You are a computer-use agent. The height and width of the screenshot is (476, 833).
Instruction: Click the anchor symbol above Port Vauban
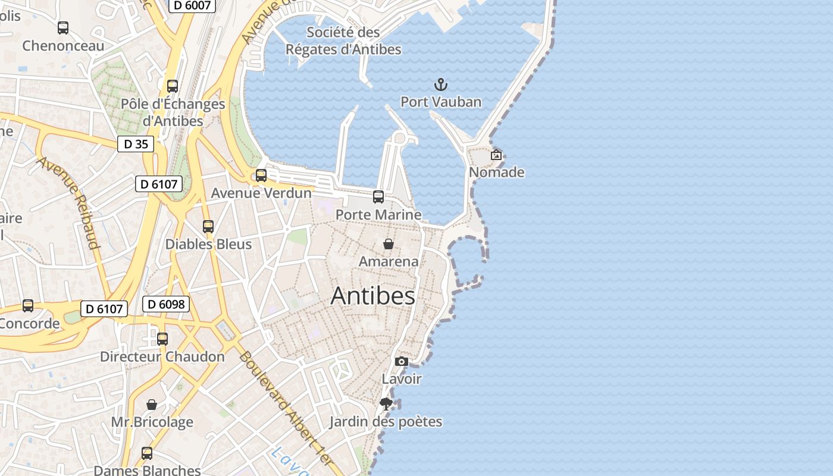coord(441,84)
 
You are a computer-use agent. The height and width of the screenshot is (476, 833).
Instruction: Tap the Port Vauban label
coord(441,102)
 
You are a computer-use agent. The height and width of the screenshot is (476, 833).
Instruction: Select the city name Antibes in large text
coord(372,296)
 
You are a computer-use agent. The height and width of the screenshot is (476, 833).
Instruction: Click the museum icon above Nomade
coord(496,155)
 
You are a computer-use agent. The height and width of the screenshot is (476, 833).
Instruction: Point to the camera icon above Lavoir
coord(402,361)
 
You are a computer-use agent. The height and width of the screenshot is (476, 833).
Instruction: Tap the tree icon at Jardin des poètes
coord(386,404)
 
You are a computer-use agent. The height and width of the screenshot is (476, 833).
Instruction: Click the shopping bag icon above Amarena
coord(389,244)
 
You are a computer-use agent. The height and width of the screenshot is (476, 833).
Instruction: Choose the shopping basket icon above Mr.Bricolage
coord(152,405)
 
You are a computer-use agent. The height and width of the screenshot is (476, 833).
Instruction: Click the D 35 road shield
coord(136,144)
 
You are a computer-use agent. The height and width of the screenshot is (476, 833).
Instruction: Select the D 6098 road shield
coord(166,304)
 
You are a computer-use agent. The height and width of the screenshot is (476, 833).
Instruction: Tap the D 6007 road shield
coord(192,5)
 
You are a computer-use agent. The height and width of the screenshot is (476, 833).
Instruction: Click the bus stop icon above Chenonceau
coord(63,27)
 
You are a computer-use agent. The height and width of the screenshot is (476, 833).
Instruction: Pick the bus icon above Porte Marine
coord(378,196)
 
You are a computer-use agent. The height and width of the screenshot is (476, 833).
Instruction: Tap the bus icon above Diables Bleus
coord(208,226)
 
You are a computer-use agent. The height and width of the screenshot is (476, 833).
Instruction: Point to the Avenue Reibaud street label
coord(70,202)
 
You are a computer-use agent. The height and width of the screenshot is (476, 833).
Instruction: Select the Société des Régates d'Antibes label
coord(343,40)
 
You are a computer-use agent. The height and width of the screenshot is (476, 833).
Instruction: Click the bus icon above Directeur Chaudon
coord(162,339)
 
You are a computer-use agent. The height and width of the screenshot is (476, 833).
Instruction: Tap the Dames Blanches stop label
coord(147,470)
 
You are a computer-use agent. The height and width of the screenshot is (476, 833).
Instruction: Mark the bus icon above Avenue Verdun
coord(261,175)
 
